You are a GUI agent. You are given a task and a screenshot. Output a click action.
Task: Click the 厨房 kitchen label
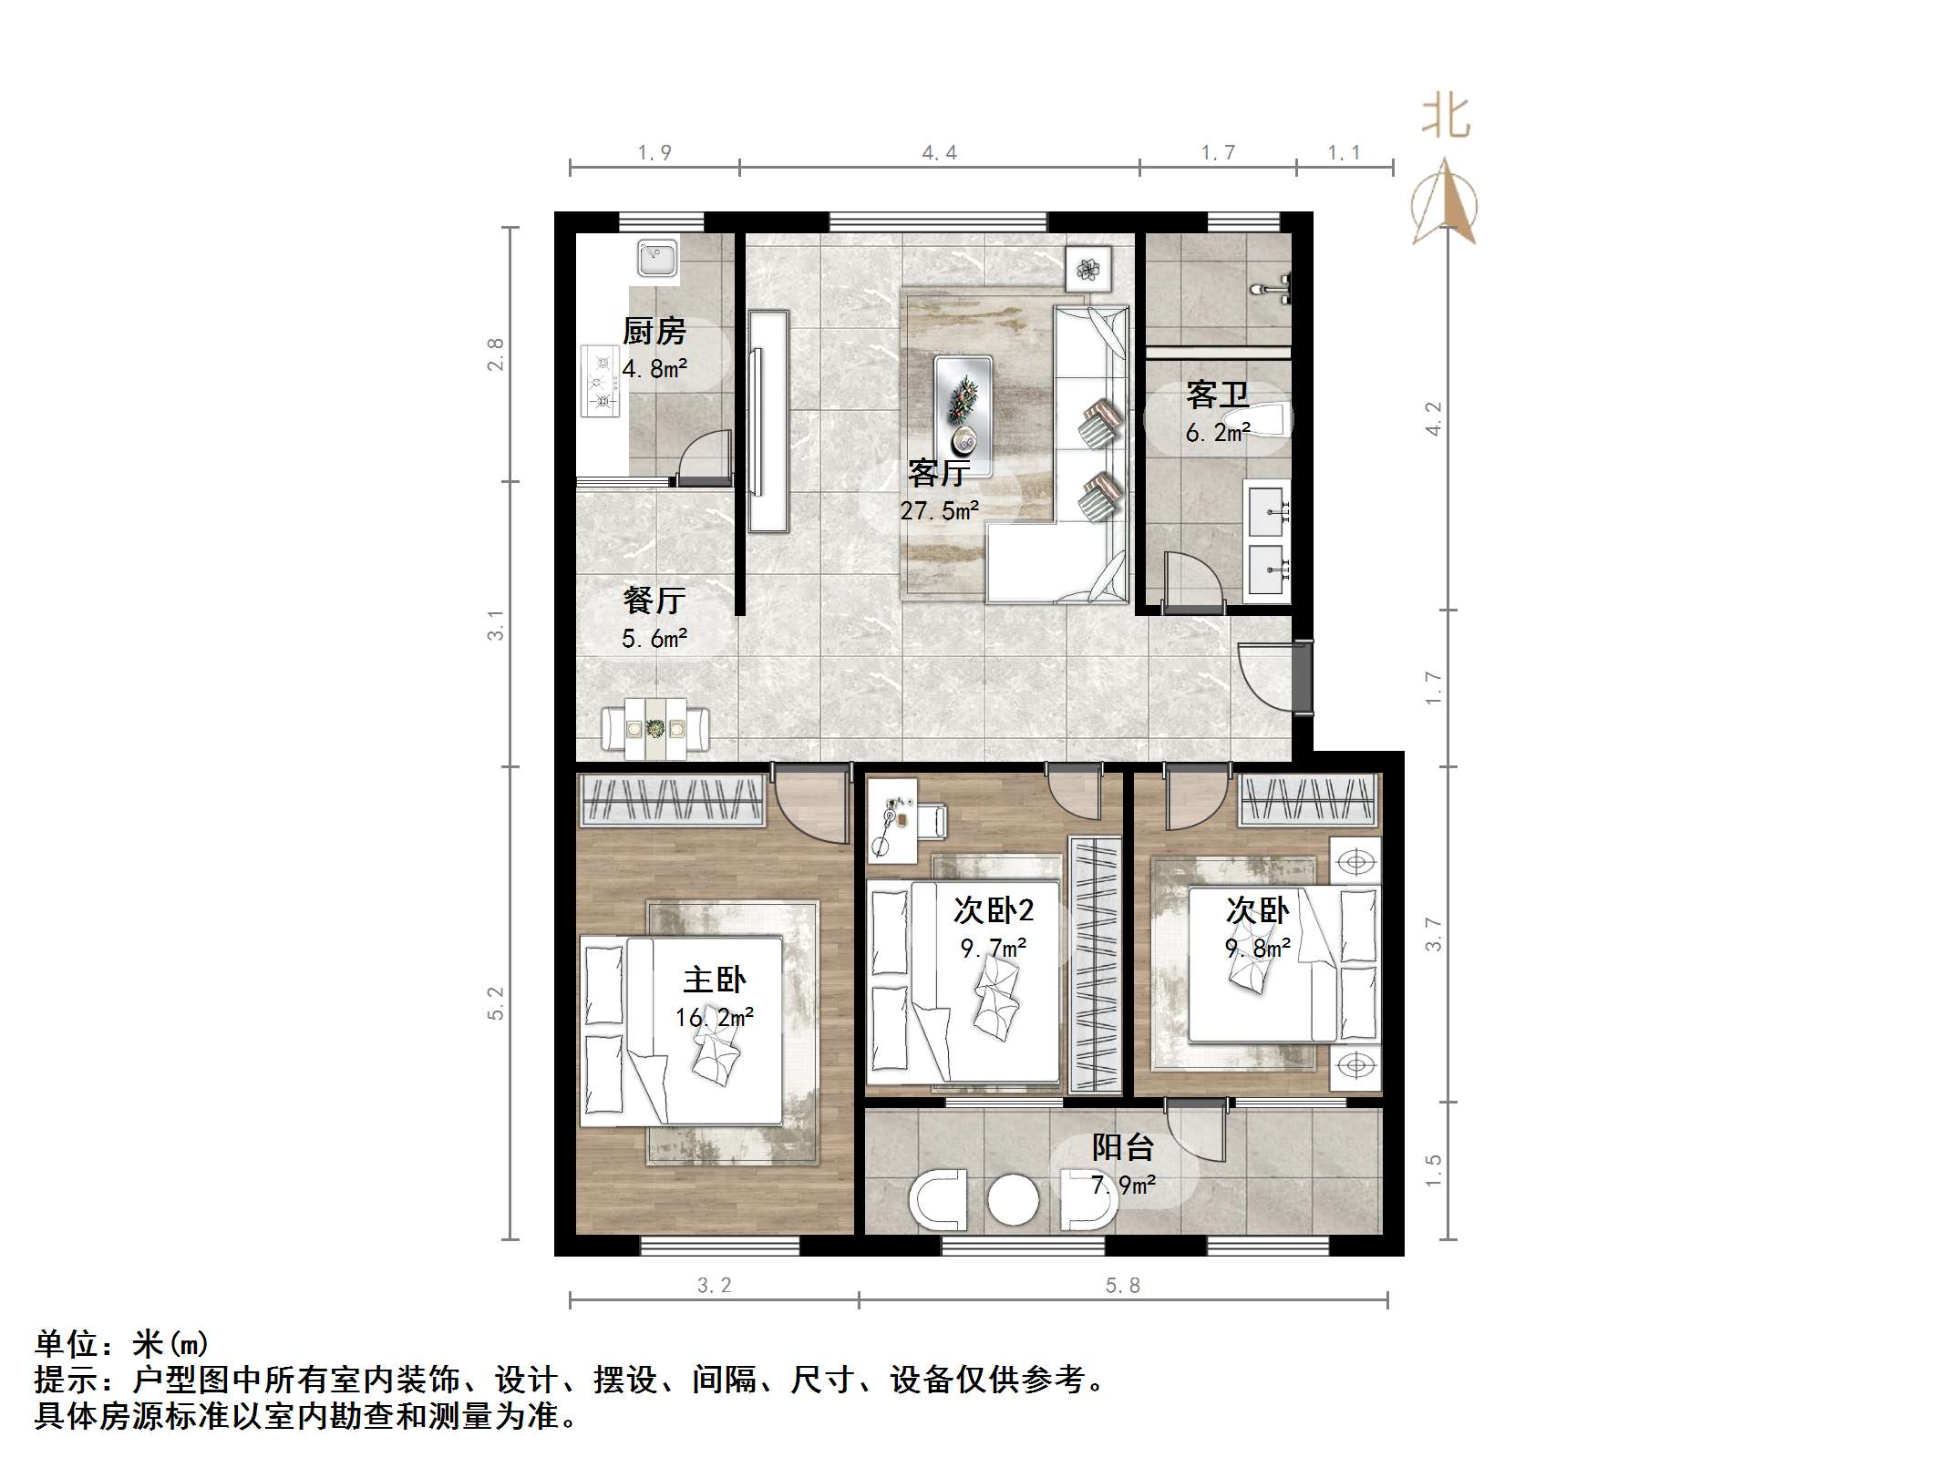[654, 331]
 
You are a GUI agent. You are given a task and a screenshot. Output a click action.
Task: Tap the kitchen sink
[656, 257]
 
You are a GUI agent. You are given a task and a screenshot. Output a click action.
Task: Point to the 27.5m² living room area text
[939, 511]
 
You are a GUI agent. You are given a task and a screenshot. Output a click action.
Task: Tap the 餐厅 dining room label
[654, 600]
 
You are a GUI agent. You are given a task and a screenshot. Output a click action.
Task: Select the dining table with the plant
[654, 728]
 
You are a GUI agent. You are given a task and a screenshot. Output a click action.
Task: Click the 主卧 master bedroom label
[714, 980]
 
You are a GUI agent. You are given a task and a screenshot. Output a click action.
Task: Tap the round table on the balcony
[1013, 1200]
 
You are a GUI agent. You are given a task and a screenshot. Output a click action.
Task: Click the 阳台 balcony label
[1123, 1147]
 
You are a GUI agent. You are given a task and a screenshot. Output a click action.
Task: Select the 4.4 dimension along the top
[939, 153]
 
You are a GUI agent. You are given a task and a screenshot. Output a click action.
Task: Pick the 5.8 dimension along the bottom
[1123, 1285]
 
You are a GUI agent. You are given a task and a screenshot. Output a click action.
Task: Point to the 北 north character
[1446, 118]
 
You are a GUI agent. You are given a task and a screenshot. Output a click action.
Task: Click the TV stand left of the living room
[768, 421]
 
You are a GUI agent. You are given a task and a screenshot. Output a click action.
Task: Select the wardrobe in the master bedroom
[671, 799]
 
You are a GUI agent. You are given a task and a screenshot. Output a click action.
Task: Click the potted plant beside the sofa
[1088, 269]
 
